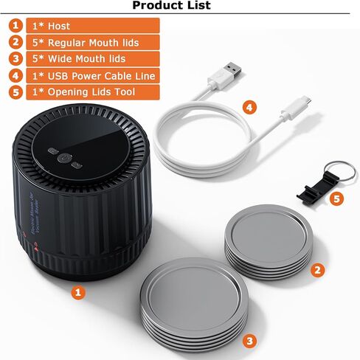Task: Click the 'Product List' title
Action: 171,6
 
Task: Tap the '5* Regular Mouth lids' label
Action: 82,42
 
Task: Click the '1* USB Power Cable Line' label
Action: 91,75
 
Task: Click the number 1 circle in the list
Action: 15,26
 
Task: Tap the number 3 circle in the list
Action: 15,58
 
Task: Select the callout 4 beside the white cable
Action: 250,108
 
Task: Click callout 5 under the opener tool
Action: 337,198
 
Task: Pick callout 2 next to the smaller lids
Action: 317,270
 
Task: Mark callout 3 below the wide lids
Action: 250,340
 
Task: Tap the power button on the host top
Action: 64,157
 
